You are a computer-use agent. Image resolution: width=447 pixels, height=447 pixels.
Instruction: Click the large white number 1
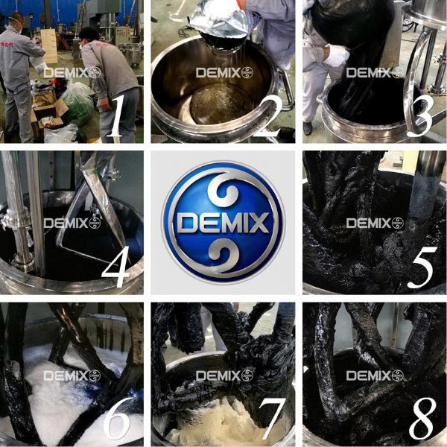click(x=116, y=115)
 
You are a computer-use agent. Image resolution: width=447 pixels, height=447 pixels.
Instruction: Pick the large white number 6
click(x=118, y=419)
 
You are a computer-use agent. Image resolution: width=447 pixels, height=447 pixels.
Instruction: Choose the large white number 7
click(x=272, y=419)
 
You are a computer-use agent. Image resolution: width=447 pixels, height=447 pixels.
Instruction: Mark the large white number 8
click(x=422, y=419)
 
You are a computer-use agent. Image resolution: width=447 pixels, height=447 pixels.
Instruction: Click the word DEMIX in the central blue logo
click(x=223, y=223)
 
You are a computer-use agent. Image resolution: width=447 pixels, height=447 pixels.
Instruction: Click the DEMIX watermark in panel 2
click(x=224, y=73)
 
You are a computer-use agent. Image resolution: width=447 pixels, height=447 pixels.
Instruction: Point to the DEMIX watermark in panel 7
click(x=224, y=375)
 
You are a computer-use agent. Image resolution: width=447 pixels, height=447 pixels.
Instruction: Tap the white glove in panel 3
click(x=337, y=57)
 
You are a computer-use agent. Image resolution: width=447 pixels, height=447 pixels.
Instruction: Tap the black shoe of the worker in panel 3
click(x=307, y=128)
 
